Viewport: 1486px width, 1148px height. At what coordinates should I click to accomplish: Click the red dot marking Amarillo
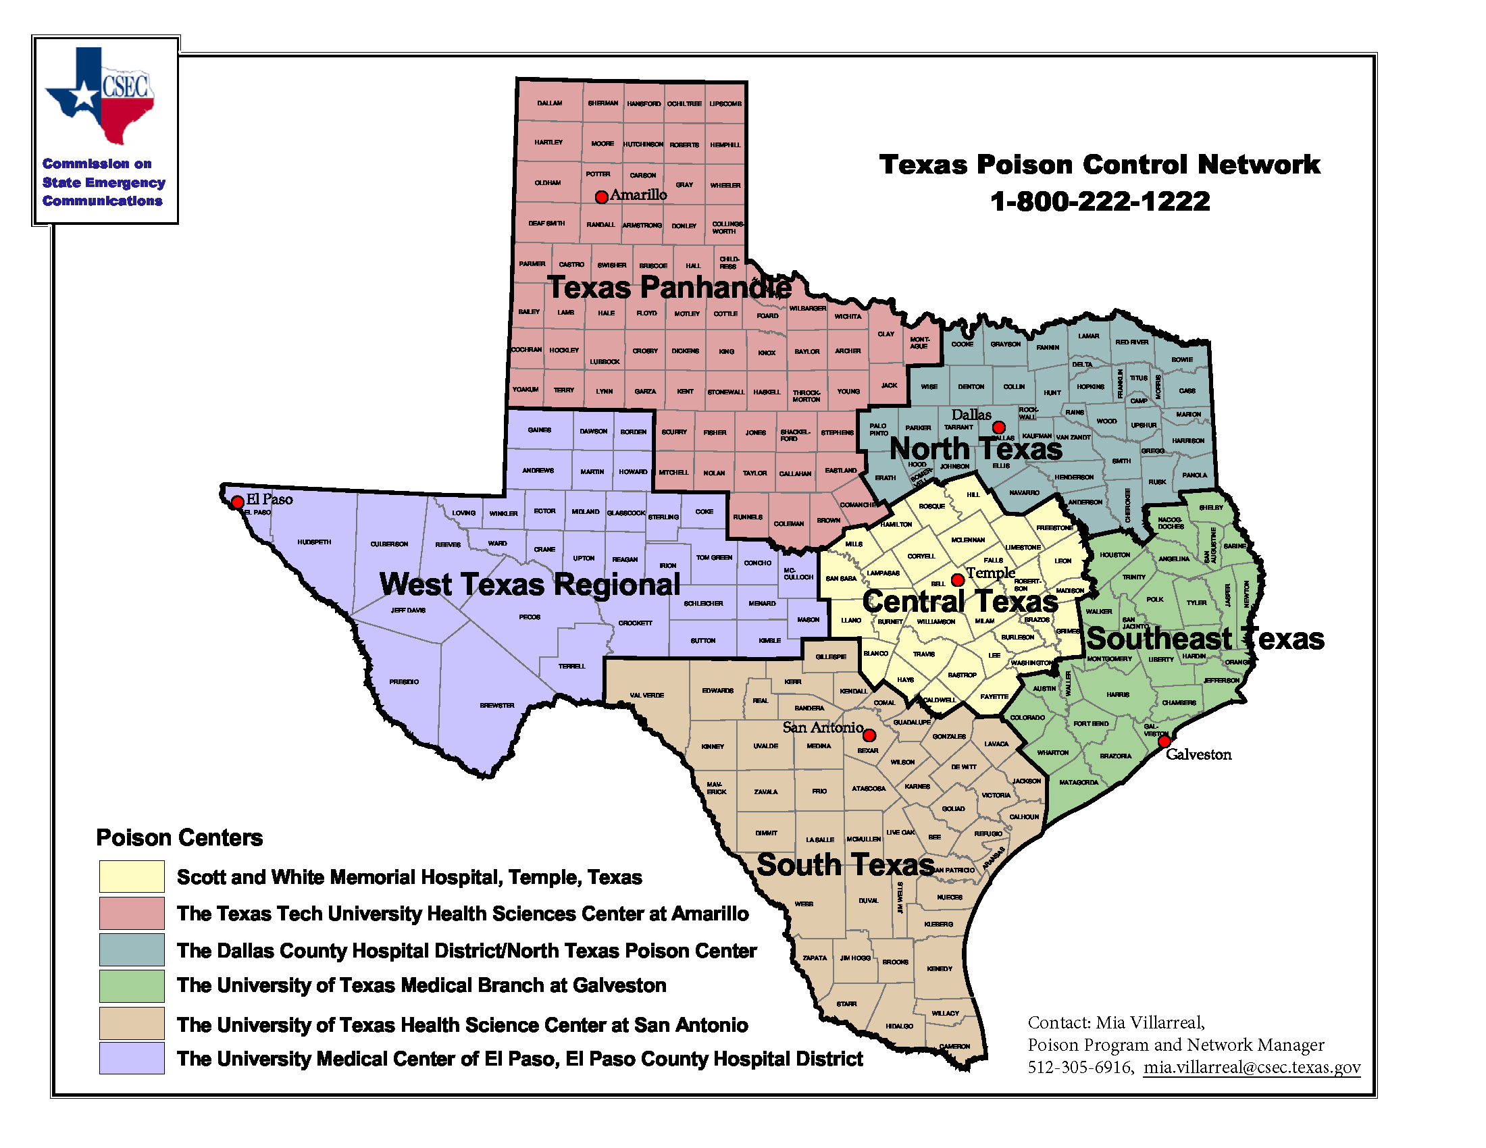(x=601, y=197)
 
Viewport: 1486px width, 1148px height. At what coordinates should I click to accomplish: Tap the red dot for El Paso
(x=238, y=502)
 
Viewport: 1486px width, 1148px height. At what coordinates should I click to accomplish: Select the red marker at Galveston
(x=1164, y=741)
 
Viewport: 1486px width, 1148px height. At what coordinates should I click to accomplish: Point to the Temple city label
(x=991, y=573)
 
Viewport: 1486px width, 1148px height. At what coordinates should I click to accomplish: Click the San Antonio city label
(x=823, y=727)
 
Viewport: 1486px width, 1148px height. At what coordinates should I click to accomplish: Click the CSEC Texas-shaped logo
(x=101, y=95)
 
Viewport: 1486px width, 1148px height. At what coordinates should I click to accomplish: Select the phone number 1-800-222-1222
(x=1100, y=201)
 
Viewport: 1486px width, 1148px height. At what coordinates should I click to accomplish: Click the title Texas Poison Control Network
(x=1100, y=165)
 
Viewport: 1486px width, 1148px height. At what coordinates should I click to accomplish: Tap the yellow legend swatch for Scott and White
(x=131, y=877)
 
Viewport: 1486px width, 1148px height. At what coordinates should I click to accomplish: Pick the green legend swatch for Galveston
(x=131, y=985)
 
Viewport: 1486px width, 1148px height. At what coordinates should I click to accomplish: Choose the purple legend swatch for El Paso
(x=131, y=1058)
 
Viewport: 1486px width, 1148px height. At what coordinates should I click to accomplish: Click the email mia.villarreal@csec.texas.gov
(x=1252, y=1067)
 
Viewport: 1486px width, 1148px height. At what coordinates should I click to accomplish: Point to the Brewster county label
(x=497, y=705)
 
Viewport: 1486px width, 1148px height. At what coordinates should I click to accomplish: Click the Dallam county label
(x=550, y=103)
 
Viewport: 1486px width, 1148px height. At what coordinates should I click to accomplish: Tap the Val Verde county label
(x=646, y=695)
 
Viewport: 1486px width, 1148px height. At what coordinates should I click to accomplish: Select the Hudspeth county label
(x=314, y=542)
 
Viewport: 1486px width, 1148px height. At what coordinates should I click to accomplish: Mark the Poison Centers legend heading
(x=179, y=837)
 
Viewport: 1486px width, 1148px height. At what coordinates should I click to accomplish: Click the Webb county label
(x=804, y=904)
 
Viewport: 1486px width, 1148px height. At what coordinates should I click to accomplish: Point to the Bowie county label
(x=1182, y=359)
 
